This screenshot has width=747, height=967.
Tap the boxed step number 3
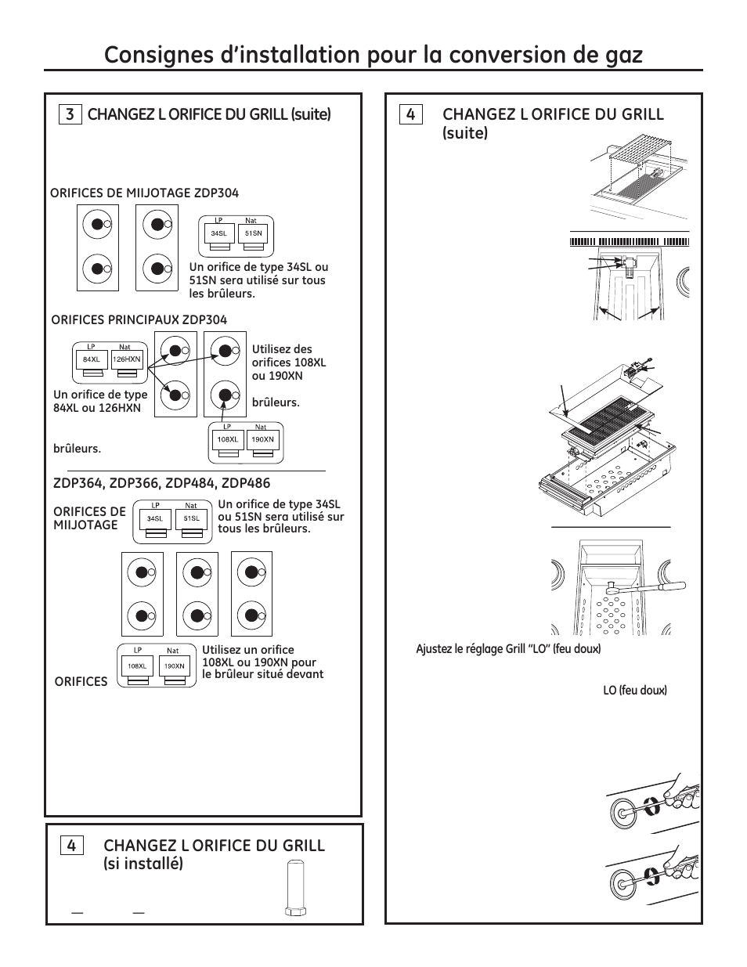pyautogui.click(x=70, y=114)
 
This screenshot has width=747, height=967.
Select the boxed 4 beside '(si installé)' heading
pyautogui.click(x=71, y=846)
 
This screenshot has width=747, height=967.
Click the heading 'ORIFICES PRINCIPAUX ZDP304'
pyautogui.click(x=139, y=319)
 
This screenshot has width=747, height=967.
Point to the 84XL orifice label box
pyautogui.click(x=92, y=360)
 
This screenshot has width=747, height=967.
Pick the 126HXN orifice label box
pyautogui.click(x=126, y=360)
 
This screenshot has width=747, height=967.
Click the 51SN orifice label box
pyautogui.click(x=253, y=233)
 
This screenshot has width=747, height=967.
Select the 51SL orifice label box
pyautogui.click(x=190, y=518)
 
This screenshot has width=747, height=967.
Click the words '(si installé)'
pyautogui.click(x=143, y=864)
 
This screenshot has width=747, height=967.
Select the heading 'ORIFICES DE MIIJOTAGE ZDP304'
pyautogui.click(x=144, y=193)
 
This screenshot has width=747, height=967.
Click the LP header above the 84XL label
pyautogui.click(x=91, y=347)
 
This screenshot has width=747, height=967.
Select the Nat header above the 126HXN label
pyautogui.click(x=125, y=347)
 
